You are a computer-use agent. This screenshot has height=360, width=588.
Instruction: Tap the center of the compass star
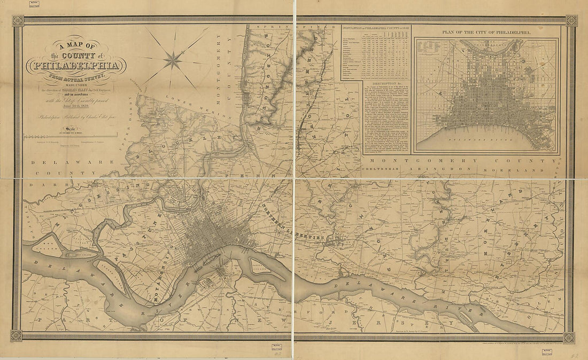pos(172,60)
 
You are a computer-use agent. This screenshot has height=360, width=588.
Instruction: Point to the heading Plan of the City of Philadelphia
pos(486,33)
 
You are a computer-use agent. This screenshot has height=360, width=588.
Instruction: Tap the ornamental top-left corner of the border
pos(18,20)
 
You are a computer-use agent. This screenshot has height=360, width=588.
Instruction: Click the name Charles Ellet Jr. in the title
pos(91,90)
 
